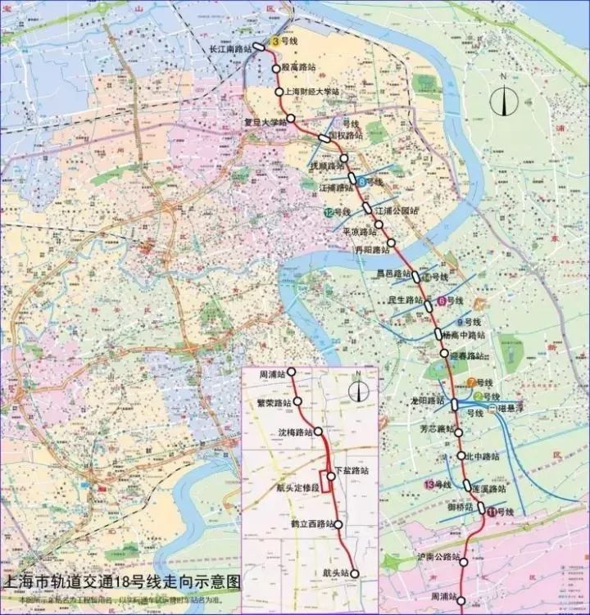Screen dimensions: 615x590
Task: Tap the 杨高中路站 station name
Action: pyautogui.click(x=463, y=335)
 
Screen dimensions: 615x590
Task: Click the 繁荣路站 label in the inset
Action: pyautogui.click(x=273, y=403)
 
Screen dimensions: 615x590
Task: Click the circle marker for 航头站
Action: pyautogui.click(x=355, y=574)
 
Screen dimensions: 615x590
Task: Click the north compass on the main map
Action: pyautogui.click(x=503, y=100)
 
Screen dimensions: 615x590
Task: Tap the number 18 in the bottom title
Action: pyautogui.click(x=125, y=583)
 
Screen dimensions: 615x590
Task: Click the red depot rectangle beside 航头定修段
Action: pyautogui.click(x=325, y=481)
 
